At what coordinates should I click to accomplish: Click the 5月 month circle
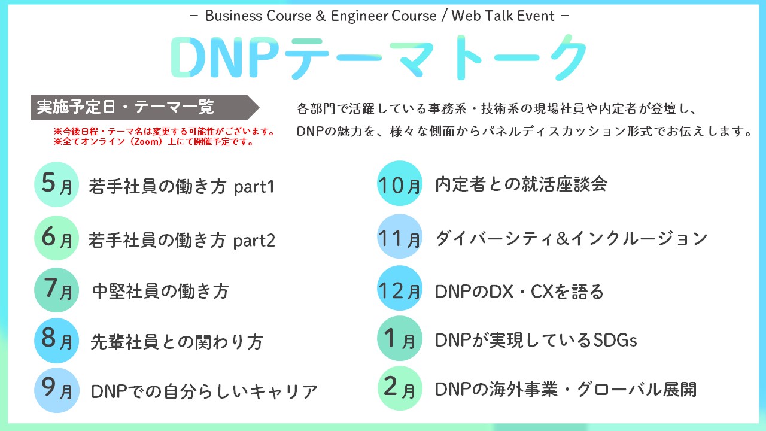click(x=57, y=184)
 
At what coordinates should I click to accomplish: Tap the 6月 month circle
click(x=57, y=238)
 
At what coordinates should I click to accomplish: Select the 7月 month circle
click(x=57, y=290)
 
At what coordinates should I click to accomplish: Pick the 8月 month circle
click(x=57, y=341)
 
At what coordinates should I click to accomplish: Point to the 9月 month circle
click(x=57, y=390)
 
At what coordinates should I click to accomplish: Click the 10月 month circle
click(x=400, y=183)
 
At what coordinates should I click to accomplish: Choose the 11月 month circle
click(x=400, y=236)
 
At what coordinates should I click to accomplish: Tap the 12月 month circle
click(x=400, y=288)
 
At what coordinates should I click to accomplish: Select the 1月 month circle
click(x=400, y=338)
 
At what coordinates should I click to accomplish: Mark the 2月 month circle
click(x=400, y=388)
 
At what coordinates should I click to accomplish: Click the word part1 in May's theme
click(x=254, y=187)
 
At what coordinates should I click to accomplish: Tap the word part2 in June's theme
click(x=254, y=241)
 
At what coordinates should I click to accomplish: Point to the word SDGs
click(x=615, y=341)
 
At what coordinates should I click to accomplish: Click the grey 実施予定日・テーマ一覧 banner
click(x=145, y=107)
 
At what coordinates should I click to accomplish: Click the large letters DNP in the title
click(x=226, y=57)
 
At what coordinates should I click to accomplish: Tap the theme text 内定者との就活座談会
click(x=521, y=184)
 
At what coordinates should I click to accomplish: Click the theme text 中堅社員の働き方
click(x=160, y=291)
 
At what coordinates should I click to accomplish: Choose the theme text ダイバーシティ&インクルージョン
click(x=572, y=238)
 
